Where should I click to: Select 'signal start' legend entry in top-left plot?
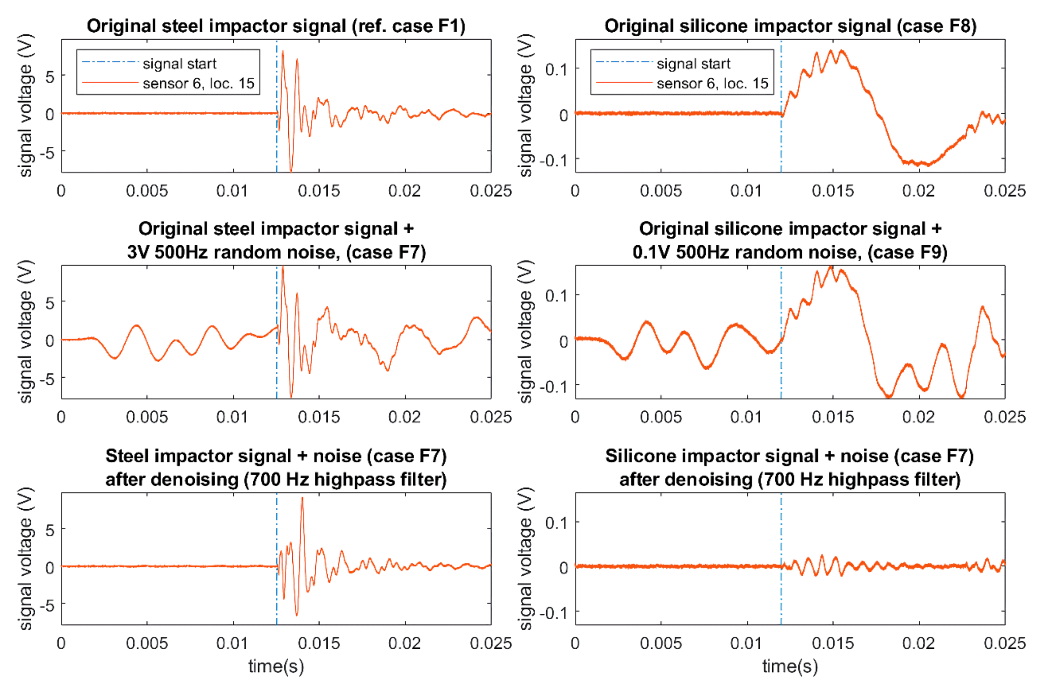180,64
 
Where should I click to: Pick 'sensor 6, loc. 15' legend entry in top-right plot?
712,83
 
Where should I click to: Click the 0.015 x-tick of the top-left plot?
319,191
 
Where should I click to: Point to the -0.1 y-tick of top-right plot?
553,160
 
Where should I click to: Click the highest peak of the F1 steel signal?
283,52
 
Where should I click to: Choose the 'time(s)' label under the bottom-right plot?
790,666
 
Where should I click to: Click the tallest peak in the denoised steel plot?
302,498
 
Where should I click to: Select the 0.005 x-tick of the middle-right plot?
661,417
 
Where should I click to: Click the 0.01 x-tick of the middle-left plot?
233,417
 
